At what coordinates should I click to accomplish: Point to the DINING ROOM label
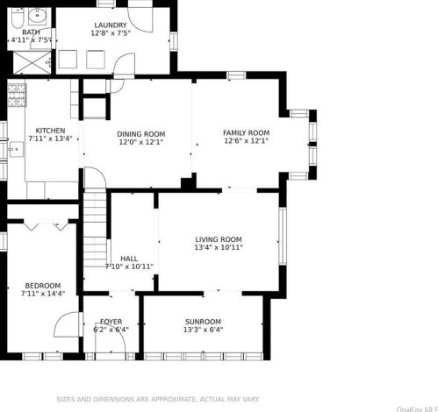click(x=140, y=134)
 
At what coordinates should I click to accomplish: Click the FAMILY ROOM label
click(x=246, y=132)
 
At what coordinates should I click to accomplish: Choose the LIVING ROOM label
click(x=218, y=239)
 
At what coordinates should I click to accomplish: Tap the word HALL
click(x=129, y=259)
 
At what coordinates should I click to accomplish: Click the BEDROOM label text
click(x=42, y=286)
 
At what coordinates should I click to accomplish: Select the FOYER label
click(x=111, y=321)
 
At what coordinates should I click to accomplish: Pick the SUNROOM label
click(x=203, y=321)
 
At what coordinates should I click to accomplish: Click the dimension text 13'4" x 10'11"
click(x=218, y=247)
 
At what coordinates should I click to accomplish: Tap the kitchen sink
click(x=13, y=149)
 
